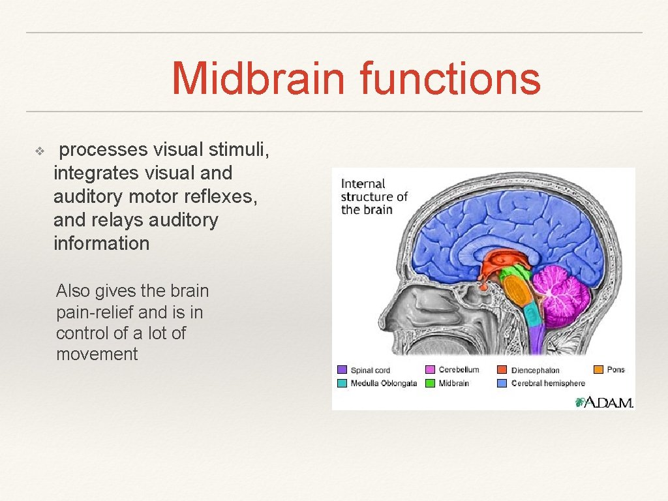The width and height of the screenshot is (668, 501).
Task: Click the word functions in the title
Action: pyautogui.click(x=450, y=78)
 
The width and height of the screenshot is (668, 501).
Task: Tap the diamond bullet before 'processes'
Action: pyautogui.click(x=39, y=151)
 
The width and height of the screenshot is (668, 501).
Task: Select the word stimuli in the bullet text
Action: pyautogui.click(x=237, y=150)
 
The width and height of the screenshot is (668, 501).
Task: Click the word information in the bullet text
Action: pyautogui.click(x=101, y=244)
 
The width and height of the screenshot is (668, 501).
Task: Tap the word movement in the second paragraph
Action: pyautogui.click(x=97, y=354)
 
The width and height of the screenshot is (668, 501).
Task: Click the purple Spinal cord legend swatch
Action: pyautogui.click(x=342, y=371)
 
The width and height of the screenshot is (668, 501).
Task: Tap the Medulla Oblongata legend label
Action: pyautogui.click(x=384, y=384)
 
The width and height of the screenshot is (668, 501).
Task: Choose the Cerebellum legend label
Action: pyautogui.click(x=459, y=370)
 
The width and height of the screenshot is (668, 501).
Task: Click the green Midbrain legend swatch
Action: pyautogui.click(x=431, y=384)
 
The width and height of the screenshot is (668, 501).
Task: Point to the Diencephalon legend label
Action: pyautogui.click(x=535, y=371)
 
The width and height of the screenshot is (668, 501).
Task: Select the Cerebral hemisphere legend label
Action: pyautogui.click(x=548, y=384)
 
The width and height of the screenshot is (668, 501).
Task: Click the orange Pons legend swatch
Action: pyautogui.click(x=598, y=369)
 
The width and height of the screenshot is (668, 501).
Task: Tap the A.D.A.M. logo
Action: pyautogui.click(x=603, y=402)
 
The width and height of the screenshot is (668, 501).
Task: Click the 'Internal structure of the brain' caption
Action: pyautogui.click(x=373, y=196)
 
